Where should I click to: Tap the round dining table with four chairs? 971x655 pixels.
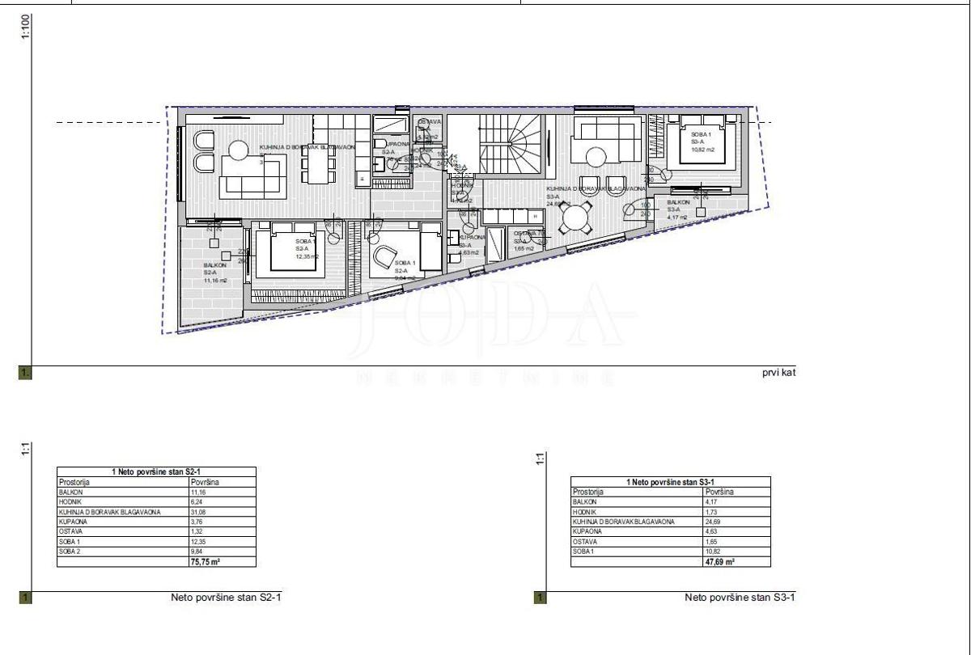[577, 218]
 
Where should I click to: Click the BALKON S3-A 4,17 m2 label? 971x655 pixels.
[677, 209]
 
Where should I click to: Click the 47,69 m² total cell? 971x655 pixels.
[720, 560]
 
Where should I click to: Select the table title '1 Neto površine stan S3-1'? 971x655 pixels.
[670, 482]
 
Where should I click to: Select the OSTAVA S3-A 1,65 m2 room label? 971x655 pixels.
[525, 241]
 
